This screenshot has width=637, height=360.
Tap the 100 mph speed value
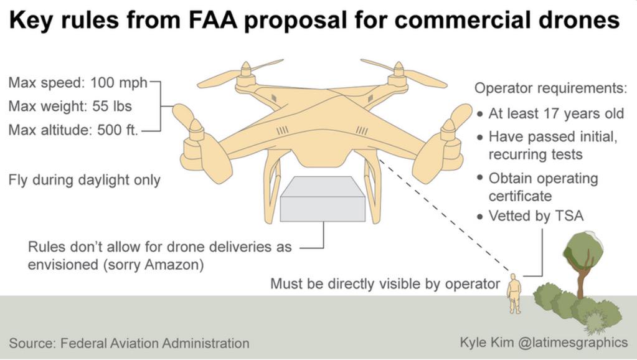click(x=118, y=82)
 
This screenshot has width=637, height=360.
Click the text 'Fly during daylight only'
click(x=84, y=180)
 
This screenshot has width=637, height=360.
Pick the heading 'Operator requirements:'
click(x=550, y=88)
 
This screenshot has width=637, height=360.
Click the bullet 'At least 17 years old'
click(x=555, y=114)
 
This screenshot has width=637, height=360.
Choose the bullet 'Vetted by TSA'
click(x=536, y=216)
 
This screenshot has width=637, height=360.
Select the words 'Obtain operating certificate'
click(x=542, y=187)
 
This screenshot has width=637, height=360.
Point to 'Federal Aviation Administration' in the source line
click(x=154, y=343)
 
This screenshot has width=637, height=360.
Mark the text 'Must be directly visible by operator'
click(x=385, y=284)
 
